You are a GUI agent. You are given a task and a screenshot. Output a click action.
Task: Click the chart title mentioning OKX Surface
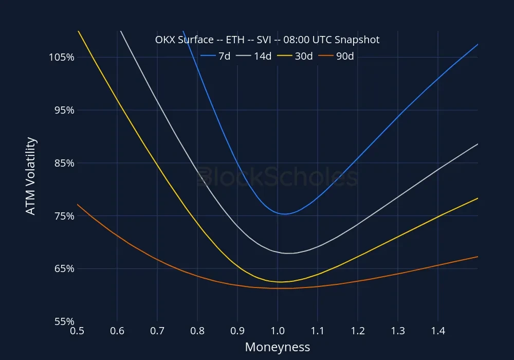click(x=267, y=40)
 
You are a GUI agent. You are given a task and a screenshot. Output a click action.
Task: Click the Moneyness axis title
click(x=278, y=347)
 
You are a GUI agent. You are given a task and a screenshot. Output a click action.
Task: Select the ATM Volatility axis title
click(x=31, y=176)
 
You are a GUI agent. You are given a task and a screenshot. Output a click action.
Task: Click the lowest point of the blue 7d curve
click(x=284, y=214)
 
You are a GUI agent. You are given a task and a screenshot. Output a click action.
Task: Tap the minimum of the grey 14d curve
click(x=288, y=253)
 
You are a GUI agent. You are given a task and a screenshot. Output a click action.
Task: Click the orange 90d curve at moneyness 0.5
click(x=78, y=205)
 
